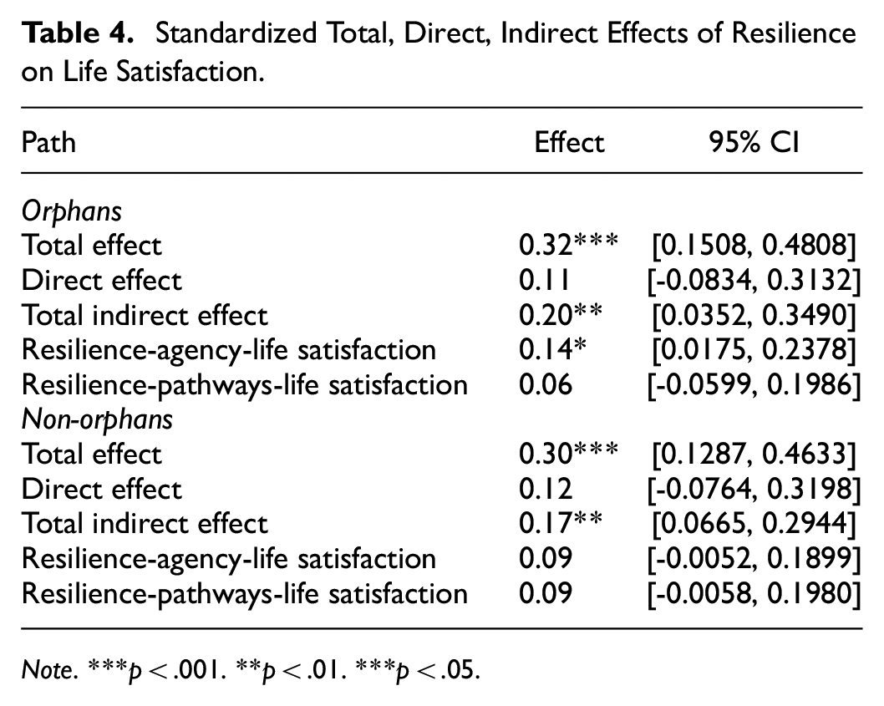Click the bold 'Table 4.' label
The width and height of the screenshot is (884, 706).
pos(78,33)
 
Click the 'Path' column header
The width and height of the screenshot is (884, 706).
pos(48,141)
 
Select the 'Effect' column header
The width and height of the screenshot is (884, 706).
pos(569,141)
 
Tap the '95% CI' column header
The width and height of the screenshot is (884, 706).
pos(754,141)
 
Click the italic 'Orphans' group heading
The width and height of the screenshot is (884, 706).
pos(72,212)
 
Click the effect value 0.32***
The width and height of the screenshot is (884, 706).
pos(568,245)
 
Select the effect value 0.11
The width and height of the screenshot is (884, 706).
pos(545,280)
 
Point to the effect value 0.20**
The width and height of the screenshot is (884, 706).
pos(561,315)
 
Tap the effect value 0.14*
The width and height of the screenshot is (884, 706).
pos(552,349)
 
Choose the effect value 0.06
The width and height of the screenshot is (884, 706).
pos(545,384)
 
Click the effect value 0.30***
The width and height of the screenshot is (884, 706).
pos(568,454)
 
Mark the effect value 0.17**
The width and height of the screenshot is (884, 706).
pos(561,523)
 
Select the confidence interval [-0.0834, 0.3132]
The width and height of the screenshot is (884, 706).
pos(754,280)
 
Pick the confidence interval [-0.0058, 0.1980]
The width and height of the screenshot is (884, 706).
pos(754,594)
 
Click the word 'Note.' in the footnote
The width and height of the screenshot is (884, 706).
pos(49,669)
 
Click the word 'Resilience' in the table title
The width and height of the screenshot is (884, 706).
pos(794,33)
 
